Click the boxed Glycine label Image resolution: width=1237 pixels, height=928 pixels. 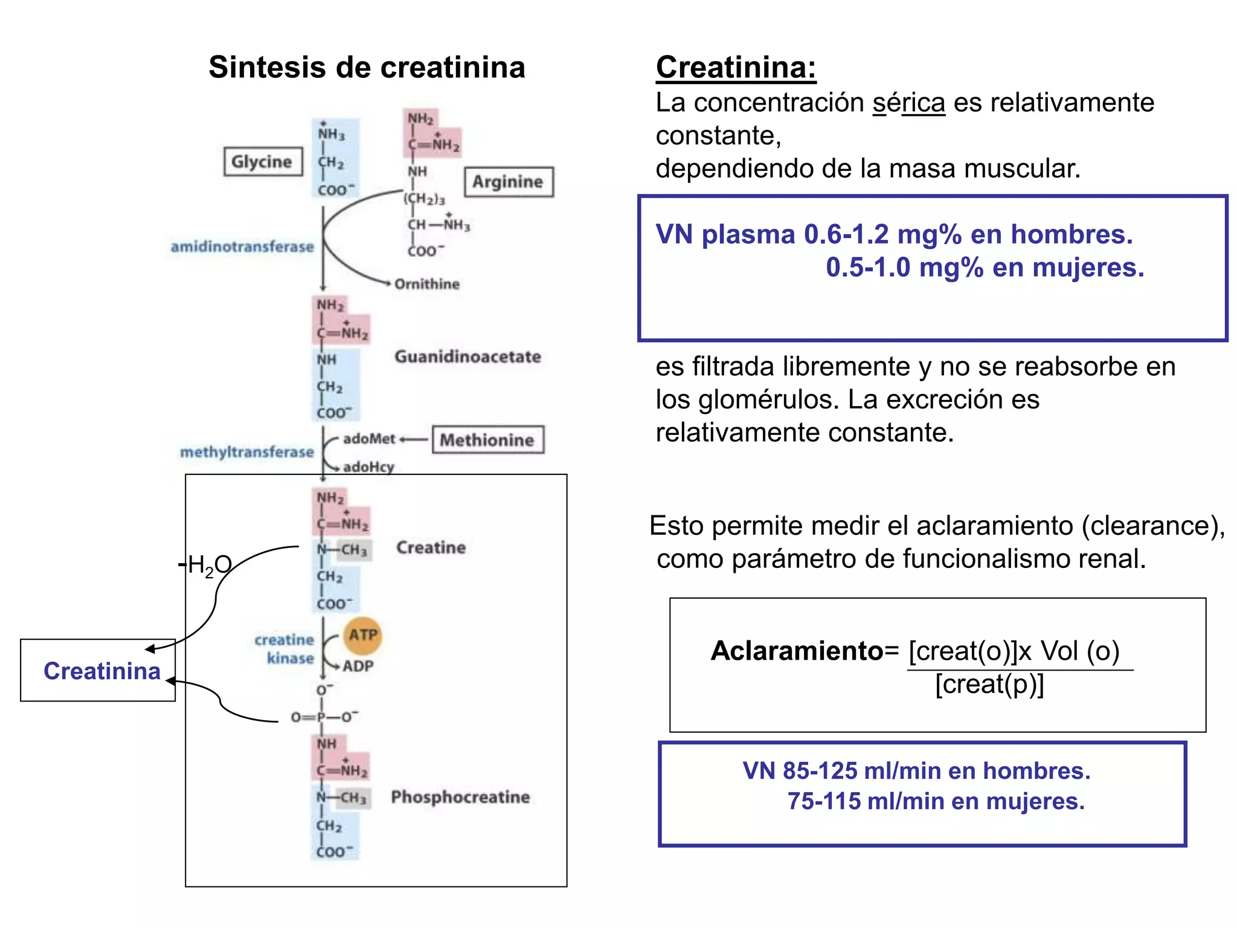coord(263,161)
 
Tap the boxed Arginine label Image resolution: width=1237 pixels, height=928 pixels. coord(508,181)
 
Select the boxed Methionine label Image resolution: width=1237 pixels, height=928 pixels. coord(487,440)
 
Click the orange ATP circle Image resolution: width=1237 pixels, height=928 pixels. coord(363,635)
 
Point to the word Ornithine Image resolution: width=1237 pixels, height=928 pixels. coord(427,284)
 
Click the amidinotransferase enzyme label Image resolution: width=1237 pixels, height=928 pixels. coord(242,246)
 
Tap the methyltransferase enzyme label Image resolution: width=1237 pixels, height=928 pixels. coord(247,452)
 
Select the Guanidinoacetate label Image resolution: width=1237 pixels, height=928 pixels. coord(467,356)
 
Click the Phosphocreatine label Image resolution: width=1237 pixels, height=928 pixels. coord(460,797)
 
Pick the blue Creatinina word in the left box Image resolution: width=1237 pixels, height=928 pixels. coord(102,671)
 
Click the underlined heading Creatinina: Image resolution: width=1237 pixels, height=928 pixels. coord(736,67)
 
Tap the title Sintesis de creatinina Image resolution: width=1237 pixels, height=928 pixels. coord(367,67)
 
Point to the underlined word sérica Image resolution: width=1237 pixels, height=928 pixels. coord(908,103)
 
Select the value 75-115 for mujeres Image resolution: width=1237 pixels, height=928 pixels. coord(824,801)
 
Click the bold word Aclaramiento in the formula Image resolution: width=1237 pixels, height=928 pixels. coord(797,651)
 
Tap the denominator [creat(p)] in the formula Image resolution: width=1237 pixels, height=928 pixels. coord(989,685)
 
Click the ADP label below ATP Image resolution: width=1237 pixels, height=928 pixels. coord(358,666)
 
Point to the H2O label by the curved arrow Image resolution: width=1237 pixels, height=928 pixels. coord(208,565)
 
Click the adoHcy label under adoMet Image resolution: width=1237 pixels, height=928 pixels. coord(368,466)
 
